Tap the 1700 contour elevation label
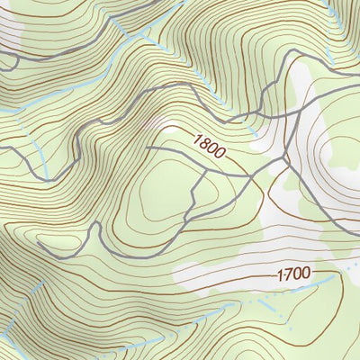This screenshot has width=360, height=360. (x=294, y=273)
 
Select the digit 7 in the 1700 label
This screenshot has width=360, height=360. (x=288, y=273)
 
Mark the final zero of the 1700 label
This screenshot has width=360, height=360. (x=306, y=273)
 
